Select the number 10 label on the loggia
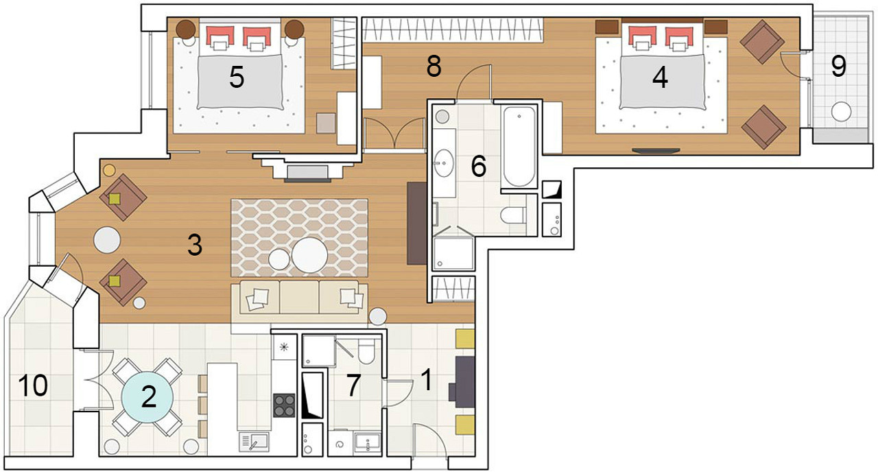[x=33, y=385]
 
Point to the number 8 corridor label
[x=434, y=66]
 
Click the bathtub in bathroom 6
[x=519, y=147]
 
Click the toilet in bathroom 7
[x=366, y=351]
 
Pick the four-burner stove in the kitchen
[x=284, y=405]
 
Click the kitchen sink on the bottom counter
[x=254, y=442]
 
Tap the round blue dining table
[x=147, y=397]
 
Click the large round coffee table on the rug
[x=309, y=255]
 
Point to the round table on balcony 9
[x=841, y=112]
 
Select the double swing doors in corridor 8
[x=394, y=134]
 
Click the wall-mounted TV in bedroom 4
[x=656, y=151]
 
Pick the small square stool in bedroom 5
[x=326, y=123]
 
